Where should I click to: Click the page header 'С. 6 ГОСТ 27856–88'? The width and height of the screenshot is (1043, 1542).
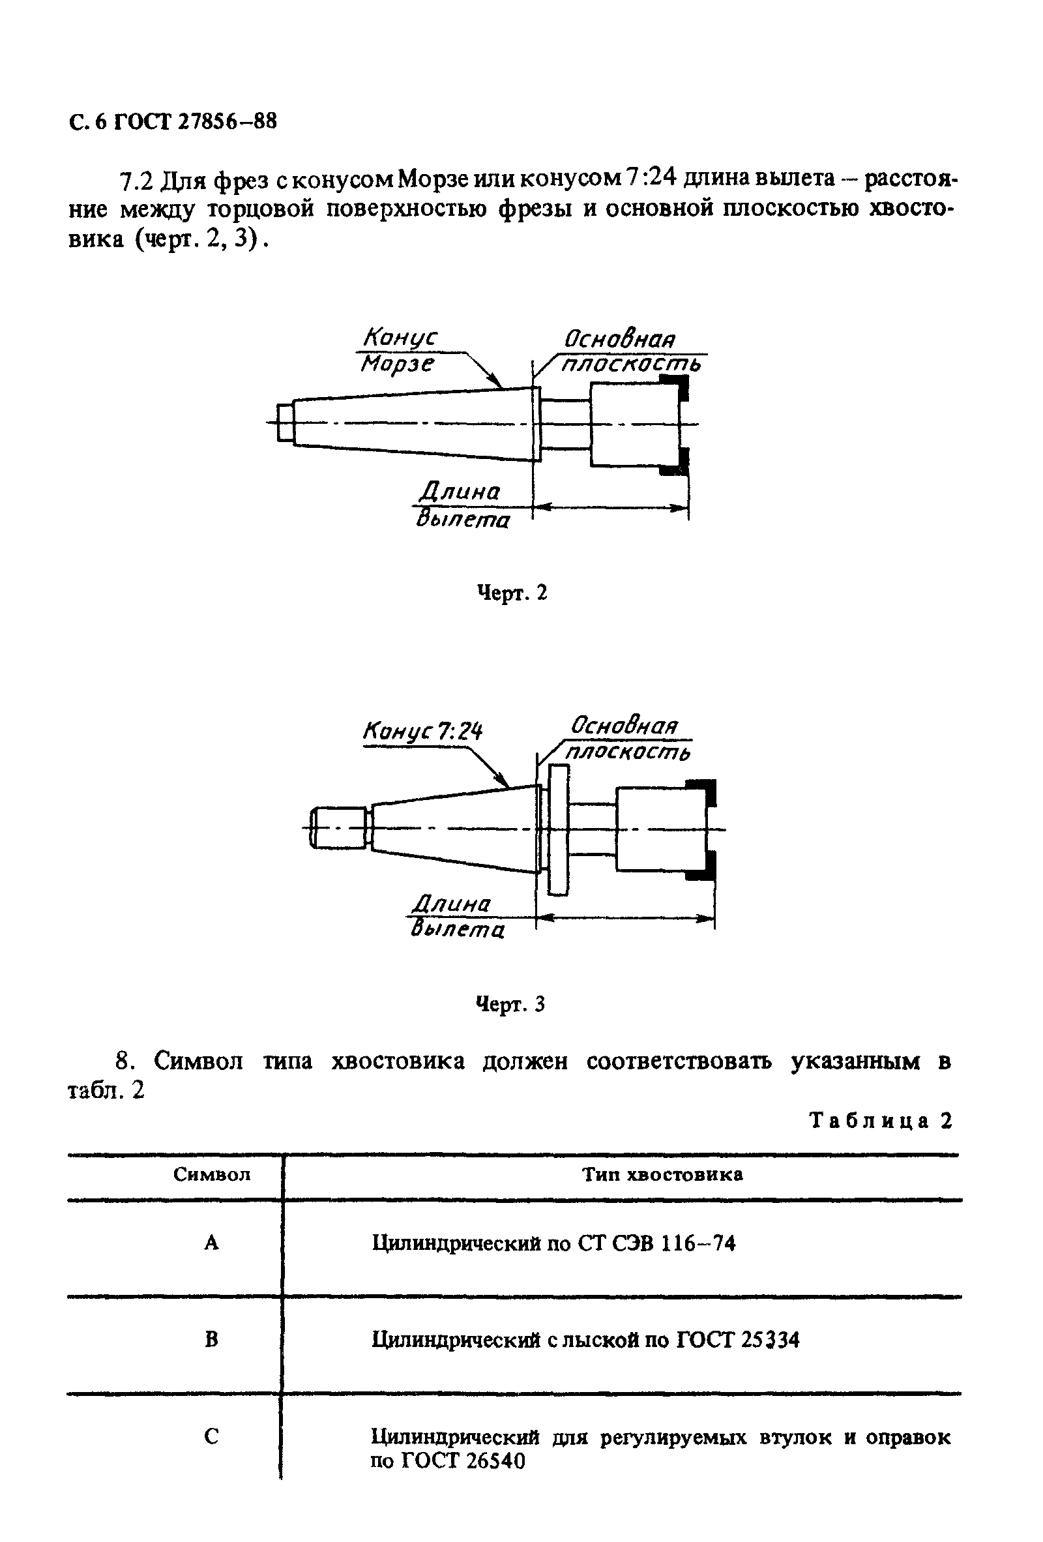pyautogui.click(x=173, y=122)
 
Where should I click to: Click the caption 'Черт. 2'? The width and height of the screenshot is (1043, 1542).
pyautogui.click(x=512, y=592)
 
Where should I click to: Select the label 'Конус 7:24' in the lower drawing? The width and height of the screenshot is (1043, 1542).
pyautogui.click(x=422, y=731)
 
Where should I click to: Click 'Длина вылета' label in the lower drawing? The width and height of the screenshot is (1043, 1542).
pyautogui.click(x=457, y=915)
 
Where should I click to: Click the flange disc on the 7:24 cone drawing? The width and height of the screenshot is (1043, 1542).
pyautogui.click(x=559, y=829)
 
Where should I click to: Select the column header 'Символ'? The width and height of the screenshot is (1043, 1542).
pyautogui.click(x=212, y=1174)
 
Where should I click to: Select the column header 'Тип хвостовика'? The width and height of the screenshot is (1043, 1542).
pyautogui.click(x=662, y=1174)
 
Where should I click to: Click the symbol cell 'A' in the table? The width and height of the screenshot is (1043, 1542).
pyautogui.click(x=211, y=1243)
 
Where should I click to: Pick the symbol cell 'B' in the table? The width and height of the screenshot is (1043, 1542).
pyautogui.click(x=211, y=1340)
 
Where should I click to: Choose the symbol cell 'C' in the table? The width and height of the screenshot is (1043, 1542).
pyautogui.click(x=211, y=1436)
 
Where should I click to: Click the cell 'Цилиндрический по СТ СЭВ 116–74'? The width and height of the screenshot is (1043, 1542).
pyautogui.click(x=553, y=1243)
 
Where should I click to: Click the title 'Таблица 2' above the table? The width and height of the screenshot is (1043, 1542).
pyautogui.click(x=881, y=1120)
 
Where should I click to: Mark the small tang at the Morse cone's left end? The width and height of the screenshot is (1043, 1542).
pyautogui.click(x=286, y=423)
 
